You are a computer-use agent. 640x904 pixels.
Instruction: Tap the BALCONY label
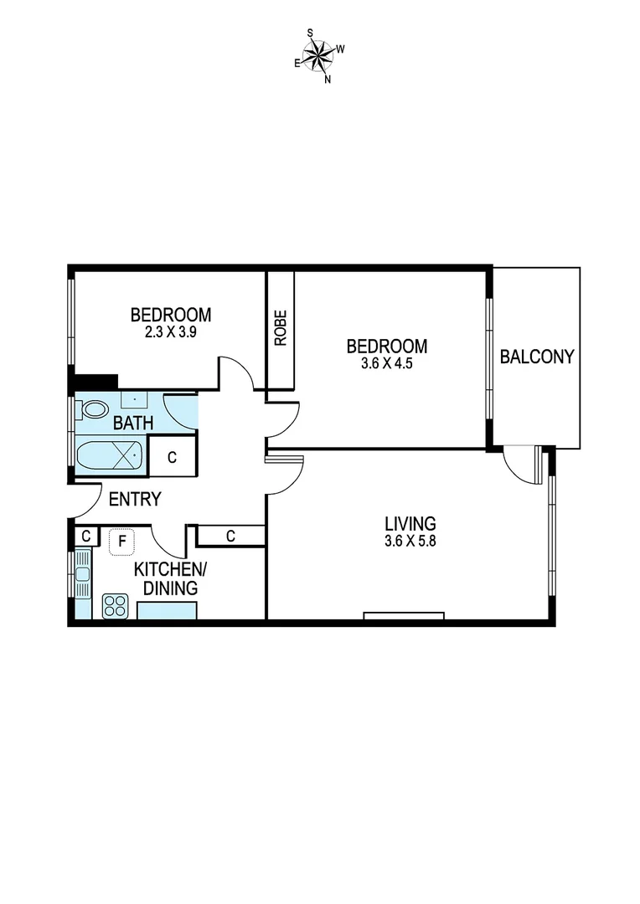(536, 357)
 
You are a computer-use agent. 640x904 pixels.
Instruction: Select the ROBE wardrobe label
(280, 328)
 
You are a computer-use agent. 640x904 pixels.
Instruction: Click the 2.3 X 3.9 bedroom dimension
(170, 331)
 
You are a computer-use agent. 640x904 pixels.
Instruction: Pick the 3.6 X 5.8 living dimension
(410, 541)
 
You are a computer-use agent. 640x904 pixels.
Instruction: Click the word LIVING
(410, 524)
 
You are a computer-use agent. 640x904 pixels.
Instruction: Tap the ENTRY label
(135, 500)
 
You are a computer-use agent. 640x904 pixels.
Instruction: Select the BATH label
(133, 423)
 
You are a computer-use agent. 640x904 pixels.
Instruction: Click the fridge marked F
(122, 542)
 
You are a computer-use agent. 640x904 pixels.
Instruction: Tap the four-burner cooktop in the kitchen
(115, 605)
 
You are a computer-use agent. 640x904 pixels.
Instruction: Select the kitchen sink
(82, 573)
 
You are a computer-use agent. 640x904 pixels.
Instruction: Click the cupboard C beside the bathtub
(173, 458)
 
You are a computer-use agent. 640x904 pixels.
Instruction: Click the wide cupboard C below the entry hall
(230, 536)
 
